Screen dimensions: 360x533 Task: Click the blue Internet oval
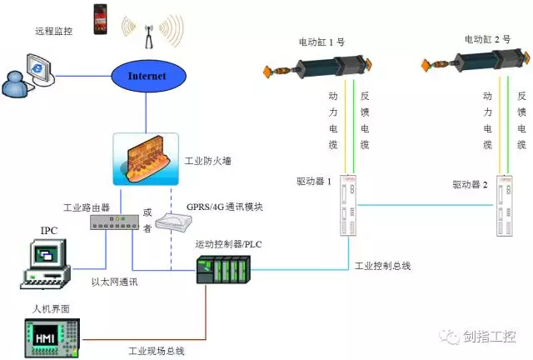click(x=147, y=77)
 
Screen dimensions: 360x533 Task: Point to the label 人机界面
click(x=51, y=308)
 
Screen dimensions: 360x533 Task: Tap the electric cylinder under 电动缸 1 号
click(x=321, y=62)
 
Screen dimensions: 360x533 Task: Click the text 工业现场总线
click(x=156, y=350)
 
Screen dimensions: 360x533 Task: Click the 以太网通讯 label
click(x=114, y=283)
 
